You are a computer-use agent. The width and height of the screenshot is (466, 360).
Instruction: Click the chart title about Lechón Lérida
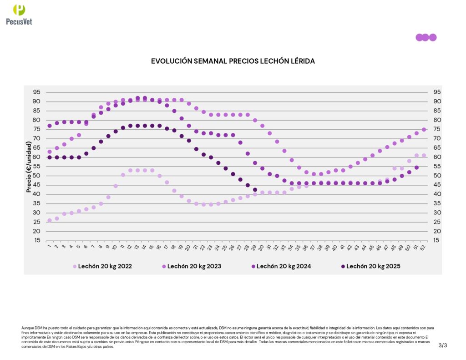233,61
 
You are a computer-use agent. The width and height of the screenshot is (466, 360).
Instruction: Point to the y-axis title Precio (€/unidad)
29,167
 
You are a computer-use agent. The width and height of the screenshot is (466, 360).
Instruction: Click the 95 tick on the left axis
36,92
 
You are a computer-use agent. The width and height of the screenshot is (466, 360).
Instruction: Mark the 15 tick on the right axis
436,240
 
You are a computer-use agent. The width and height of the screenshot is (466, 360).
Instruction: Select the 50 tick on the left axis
36,176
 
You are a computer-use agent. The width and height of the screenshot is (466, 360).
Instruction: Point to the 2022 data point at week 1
50,220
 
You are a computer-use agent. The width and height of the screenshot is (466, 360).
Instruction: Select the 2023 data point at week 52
424,129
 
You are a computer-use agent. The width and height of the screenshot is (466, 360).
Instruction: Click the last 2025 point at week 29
255,190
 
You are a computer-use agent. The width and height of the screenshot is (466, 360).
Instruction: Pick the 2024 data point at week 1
50,126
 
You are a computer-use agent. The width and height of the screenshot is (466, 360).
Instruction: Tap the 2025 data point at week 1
50,157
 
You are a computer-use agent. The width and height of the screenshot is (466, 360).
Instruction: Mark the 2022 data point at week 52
424,155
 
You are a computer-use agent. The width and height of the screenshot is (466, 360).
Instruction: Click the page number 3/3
443,345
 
